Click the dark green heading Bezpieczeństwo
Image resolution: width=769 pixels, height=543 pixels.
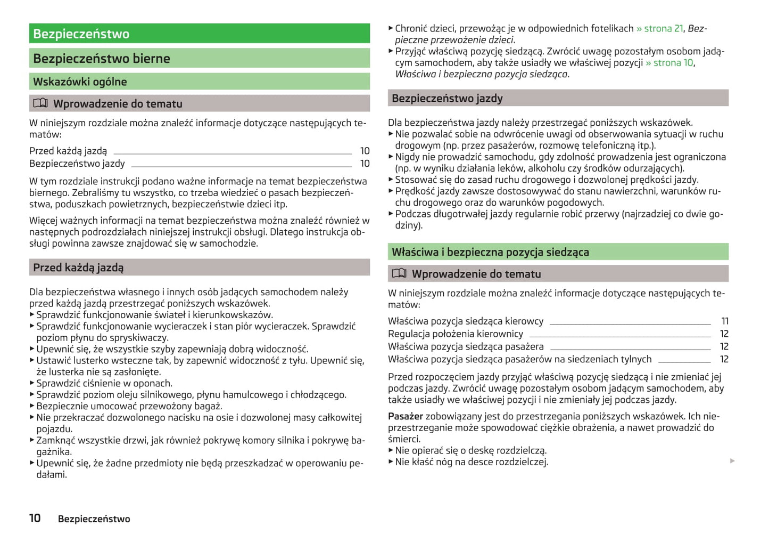point(81,34)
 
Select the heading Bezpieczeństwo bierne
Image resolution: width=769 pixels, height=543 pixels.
point(102,59)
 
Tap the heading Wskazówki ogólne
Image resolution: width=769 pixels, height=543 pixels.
point(80,82)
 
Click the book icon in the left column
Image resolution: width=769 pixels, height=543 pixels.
point(40,103)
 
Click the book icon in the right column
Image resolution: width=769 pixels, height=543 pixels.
point(399,273)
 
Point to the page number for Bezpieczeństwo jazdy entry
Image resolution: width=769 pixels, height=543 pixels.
point(365,164)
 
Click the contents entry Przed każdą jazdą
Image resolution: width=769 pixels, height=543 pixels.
point(68,151)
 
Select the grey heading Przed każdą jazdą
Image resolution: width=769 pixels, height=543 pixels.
point(78,268)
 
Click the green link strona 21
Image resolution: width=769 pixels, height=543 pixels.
point(663,28)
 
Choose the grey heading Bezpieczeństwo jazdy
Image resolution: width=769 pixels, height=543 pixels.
point(447,98)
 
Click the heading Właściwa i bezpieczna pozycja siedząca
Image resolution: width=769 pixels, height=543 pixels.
point(490,252)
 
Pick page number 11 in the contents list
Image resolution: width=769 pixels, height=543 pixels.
point(725,321)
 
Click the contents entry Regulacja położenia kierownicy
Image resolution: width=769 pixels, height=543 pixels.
point(456,334)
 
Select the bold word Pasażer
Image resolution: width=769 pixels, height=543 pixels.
point(406,416)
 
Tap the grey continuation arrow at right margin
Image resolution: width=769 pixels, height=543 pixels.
point(732,461)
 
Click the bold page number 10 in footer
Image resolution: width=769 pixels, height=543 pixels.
point(35,518)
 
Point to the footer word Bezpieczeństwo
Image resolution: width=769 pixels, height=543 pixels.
point(94,519)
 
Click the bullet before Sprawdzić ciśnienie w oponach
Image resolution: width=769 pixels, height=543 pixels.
point(32,383)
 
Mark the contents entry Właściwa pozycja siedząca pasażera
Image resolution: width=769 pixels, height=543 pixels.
point(466,347)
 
